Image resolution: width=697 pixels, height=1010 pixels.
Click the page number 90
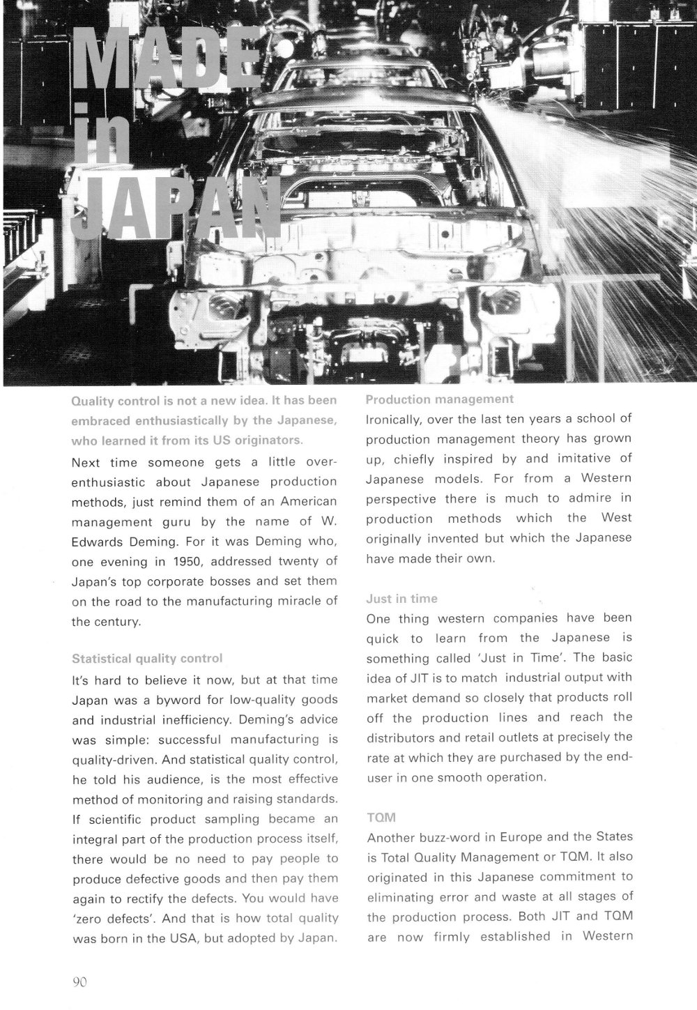click(x=79, y=982)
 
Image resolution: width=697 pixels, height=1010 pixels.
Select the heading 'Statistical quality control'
click(x=147, y=659)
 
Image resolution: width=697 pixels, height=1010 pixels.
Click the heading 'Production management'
click(x=440, y=399)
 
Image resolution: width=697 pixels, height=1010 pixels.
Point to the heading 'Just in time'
click(x=402, y=599)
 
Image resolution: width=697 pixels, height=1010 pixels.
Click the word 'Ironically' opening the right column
click(x=394, y=420)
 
